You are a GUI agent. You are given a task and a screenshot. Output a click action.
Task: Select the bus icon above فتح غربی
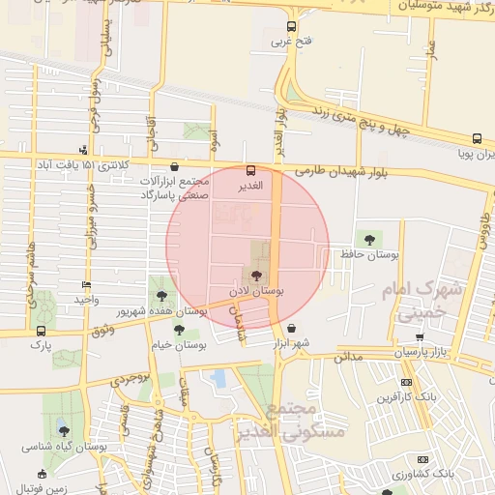[292, 27]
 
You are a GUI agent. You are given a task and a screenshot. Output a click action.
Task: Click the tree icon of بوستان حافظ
[368, 238]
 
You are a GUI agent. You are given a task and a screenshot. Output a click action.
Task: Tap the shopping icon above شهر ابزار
[291, 329]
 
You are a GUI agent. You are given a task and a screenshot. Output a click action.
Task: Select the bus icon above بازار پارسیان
[420, 337]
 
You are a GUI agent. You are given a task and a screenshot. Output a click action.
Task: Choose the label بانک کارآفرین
[405, 396]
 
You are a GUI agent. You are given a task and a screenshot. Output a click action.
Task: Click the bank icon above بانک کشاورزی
[422, 459]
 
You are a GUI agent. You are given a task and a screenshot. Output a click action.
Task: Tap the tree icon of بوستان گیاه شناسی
[64, 431]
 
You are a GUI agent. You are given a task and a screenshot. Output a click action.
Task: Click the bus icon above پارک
[40, 330]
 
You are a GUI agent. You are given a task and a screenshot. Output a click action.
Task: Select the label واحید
[88, 300]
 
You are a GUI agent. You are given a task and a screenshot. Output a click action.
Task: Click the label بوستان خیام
[180, 344]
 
